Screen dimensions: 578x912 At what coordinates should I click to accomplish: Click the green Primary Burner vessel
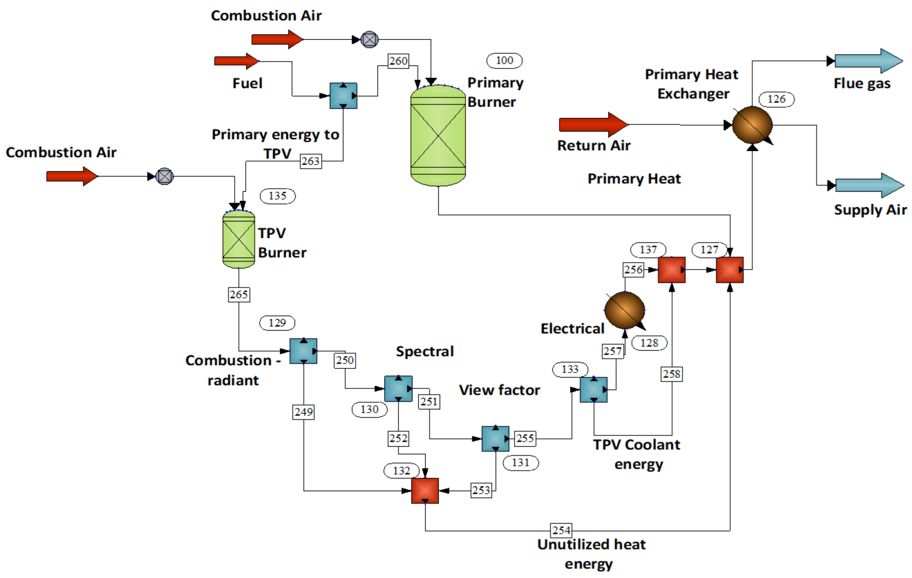pyautogui.click(x=438, y=136)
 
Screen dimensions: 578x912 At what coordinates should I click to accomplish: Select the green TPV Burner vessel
pyautogui.click(x=238, y=239)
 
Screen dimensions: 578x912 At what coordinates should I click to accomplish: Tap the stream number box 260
pyautogui.click(x=398, y=61)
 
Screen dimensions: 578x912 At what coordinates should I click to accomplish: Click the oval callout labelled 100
pyautogui.click(x=504, y=60)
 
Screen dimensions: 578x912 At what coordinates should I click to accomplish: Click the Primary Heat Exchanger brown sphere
pyautogui.click(x=752, y=125)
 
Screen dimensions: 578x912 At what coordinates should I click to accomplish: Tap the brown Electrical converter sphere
pyautogui.click(x=624, y=310)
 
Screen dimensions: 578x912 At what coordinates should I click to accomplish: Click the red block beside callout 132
pyautogui.click(x=425, y=490)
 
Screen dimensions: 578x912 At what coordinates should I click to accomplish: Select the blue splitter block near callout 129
pyautogui.click(x=303, y=351)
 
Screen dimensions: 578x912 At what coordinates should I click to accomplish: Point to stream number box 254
pyautogui.click(x=561, y=530)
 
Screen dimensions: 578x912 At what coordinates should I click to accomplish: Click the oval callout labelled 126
pyautogui.click(x=776, y=99)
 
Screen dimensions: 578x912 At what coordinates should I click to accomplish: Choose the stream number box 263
pyautogui.click(x=310, y=161)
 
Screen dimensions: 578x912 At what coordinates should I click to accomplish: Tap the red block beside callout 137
pyautogui.click(x=672, y=270)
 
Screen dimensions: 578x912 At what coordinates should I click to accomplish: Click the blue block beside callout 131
pyautogui.click(x=495, y=439)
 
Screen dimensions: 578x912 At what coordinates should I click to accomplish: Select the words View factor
pyautogui.click(x=499, y=390)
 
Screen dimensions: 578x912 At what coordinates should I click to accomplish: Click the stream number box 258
pyautogui.click(x=672, y=374)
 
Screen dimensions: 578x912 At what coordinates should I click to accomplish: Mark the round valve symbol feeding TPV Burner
pyautogui.click(x=164, y=177)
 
